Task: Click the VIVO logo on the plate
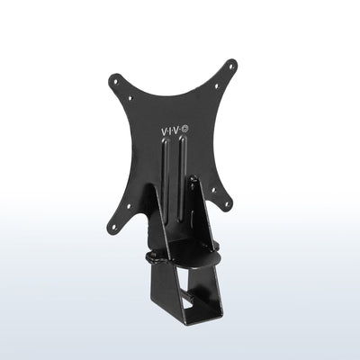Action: coord(174,131)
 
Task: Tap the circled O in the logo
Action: coord(185,131)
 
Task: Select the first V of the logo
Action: coord(164,131)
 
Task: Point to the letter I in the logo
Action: coord(171,131)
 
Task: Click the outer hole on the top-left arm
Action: coord(115,80)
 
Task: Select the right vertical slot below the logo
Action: coord(185,180)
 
